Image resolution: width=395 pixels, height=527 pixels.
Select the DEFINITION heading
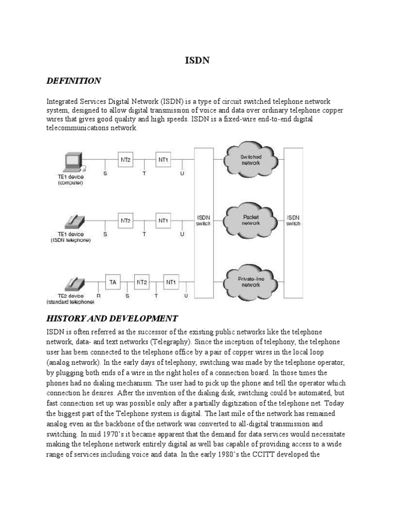pyautogui.click(x=74, y=81)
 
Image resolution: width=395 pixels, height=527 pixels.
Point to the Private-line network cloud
pyautogui.click(x=251, y=282)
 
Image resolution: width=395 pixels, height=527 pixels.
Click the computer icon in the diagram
pyautogui.click(x=72, y=162)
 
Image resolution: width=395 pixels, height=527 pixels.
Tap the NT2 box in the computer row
pyautogui.click(x=125, y=160)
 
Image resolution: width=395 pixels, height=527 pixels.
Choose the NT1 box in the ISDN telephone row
pyautogui.click(x=163, y=221)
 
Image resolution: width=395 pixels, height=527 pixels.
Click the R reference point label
pyautogui.click(x=98, y=296)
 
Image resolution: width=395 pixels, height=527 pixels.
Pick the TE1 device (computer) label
pyautogui.click(x=70, y=180)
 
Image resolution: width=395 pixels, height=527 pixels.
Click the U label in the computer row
pyautogui.click(x=182, y=174)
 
